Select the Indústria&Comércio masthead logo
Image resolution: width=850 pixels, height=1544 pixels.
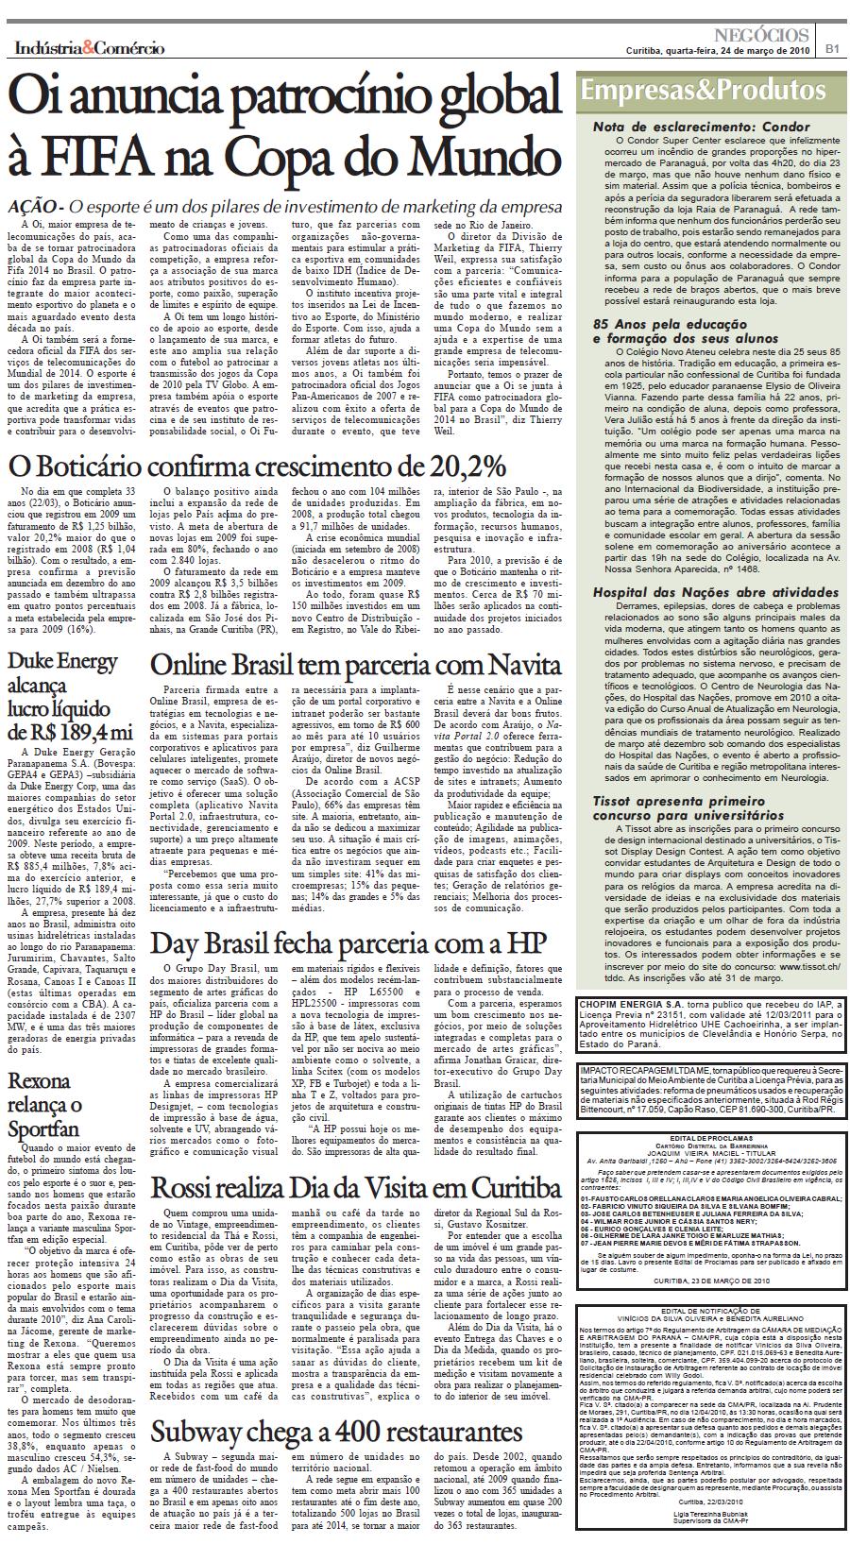(x=89, y=48)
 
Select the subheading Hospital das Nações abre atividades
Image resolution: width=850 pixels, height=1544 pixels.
(x=714, y=591)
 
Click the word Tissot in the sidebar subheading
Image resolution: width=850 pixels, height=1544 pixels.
(x=612, y=800)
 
